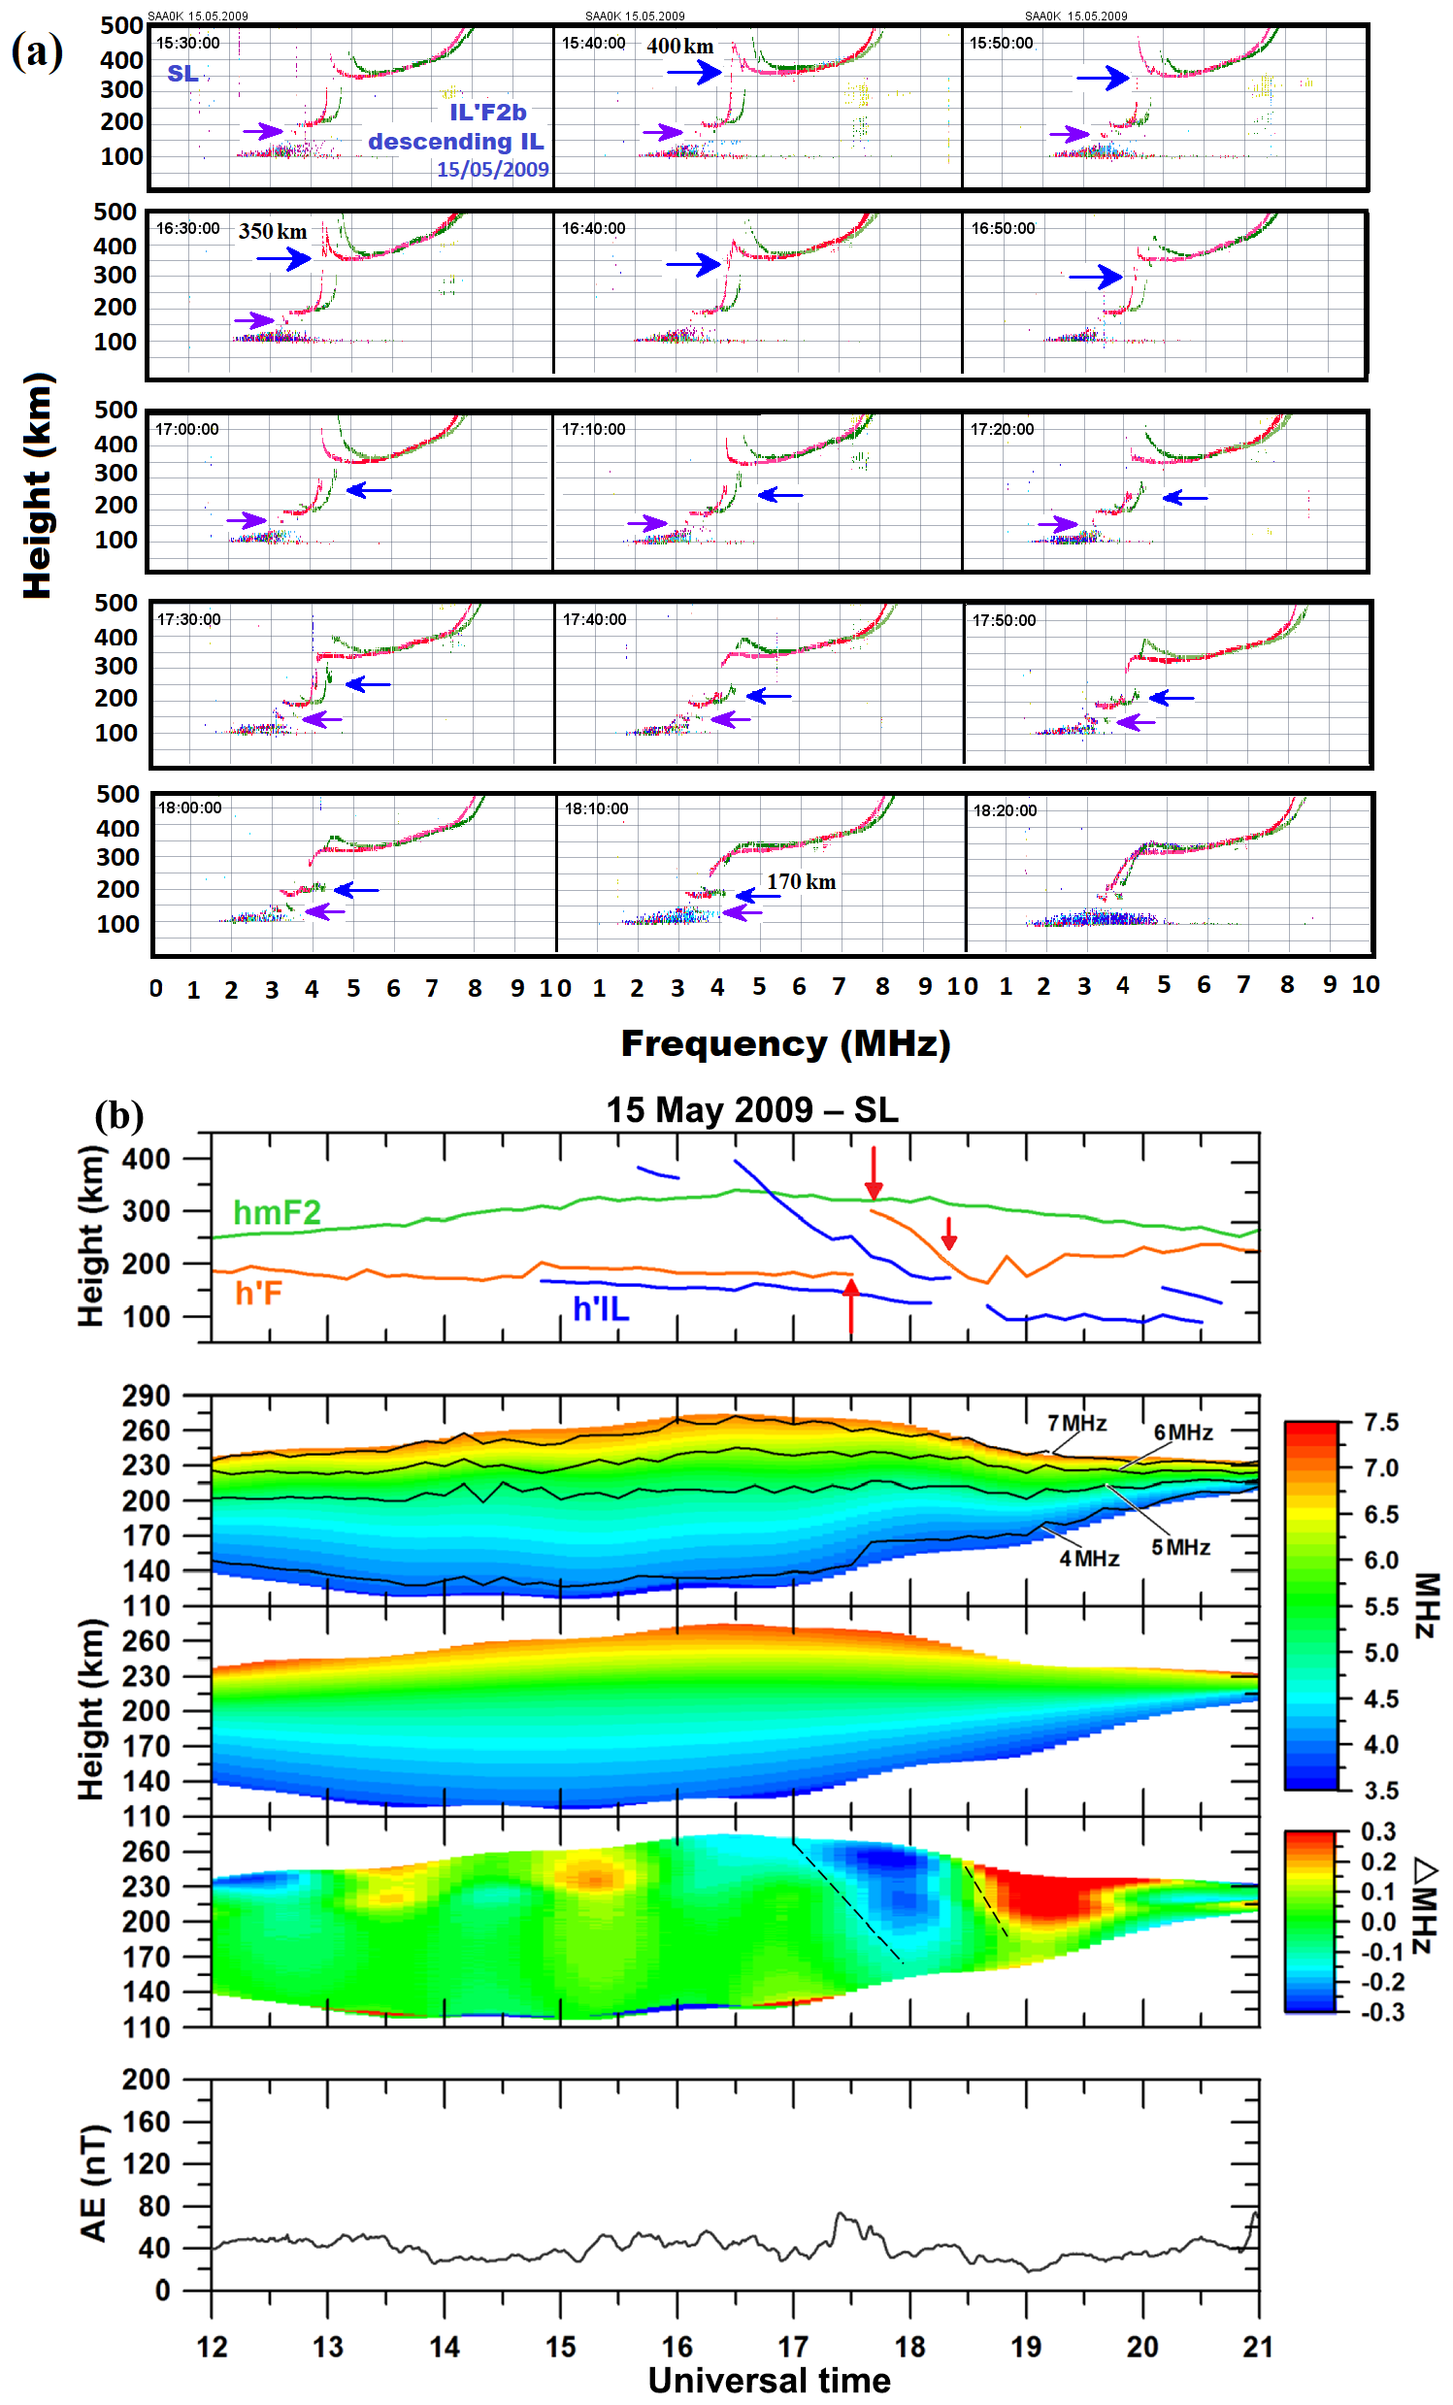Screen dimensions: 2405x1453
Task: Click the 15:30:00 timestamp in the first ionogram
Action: click(187, 43)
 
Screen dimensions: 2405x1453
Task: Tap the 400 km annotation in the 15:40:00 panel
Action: click(679, 46)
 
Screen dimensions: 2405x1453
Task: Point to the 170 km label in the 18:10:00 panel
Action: click(800, 881)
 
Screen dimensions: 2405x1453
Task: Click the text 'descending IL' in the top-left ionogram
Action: click(455, 142)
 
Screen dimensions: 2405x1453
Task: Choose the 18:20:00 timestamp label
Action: click(1005, 810)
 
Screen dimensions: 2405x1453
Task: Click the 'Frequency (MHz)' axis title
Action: click(784, 1043)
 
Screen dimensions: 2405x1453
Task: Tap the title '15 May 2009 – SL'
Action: click(751, 1109)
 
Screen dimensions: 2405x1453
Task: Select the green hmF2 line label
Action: click(277, 1212)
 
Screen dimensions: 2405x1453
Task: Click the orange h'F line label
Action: click(258, 1294)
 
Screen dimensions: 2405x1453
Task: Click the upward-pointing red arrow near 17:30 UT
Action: click(851, 1306)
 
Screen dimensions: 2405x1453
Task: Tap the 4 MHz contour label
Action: click(1089, 1559)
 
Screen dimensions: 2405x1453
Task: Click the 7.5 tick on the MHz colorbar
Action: click(1381, 1422)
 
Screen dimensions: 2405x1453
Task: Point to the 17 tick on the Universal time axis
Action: click(793, 2347)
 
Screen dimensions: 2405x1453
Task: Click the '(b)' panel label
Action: click(119, 1114)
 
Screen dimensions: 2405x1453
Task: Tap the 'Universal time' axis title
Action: click(769, 2381)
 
